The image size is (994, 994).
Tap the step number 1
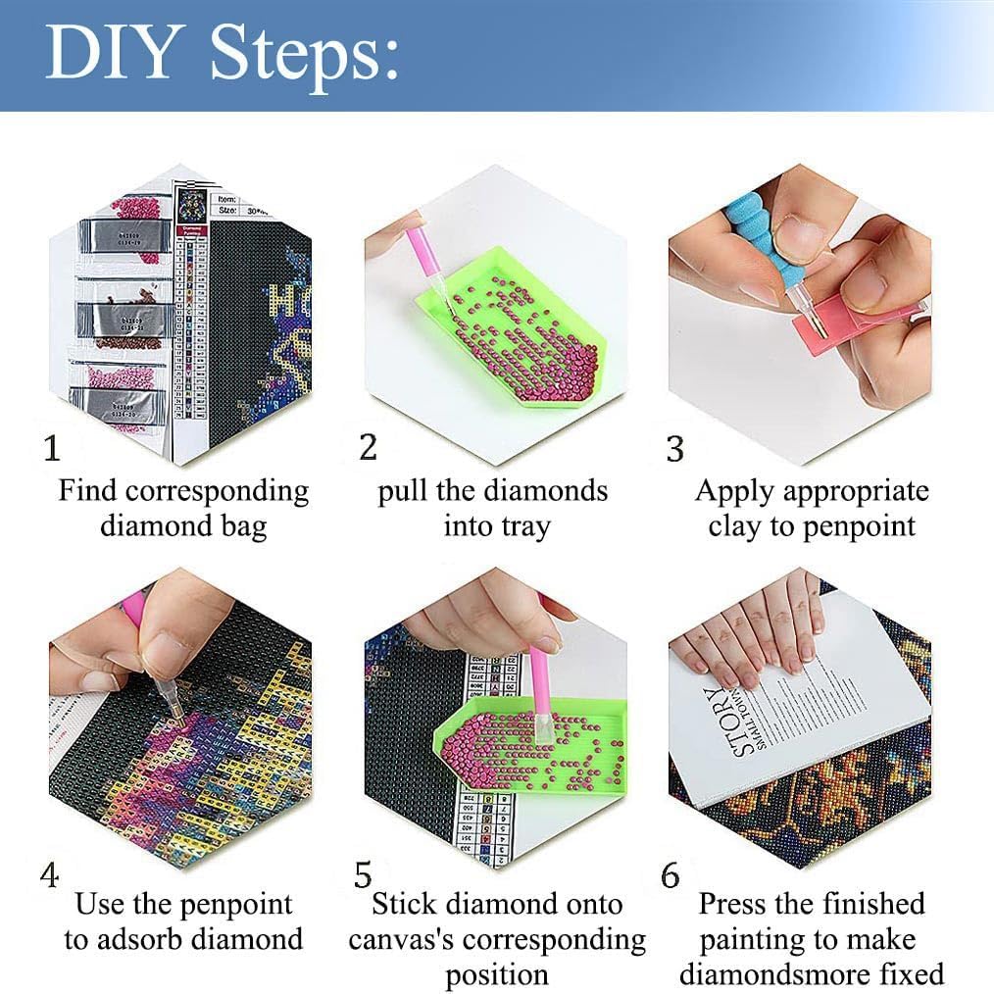(x=52, y=449)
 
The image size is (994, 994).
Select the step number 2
(x=368, y=447)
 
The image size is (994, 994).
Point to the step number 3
(x=674, y=449)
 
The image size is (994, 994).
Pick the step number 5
(x=364, y=873)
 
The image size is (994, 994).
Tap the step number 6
(x=671, y=875)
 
